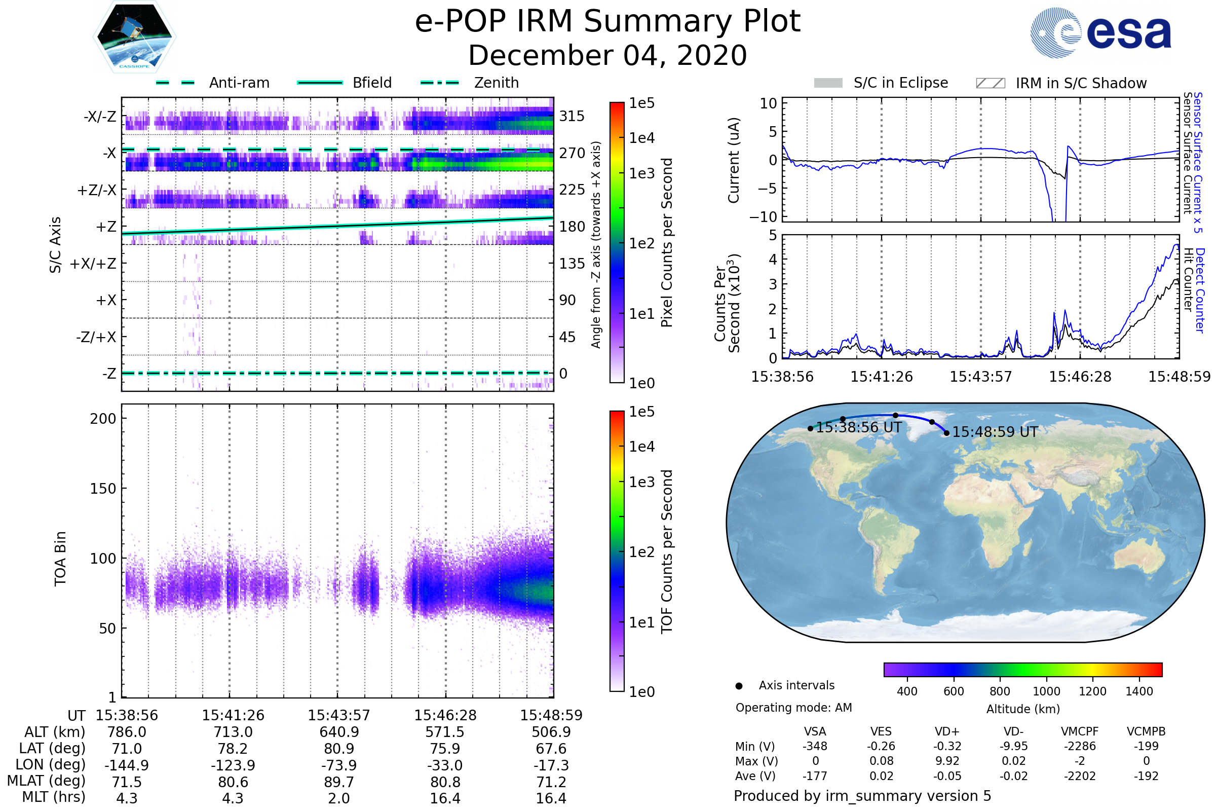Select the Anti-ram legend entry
pos(212,83)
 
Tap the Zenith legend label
pos(496,83)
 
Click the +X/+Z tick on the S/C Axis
pos(93,264)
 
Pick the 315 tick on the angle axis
pos(572,116)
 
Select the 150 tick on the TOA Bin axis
pos(103,489)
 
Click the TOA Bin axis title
pos(60,559)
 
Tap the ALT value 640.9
pos(339,732)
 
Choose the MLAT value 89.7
pos(339,782)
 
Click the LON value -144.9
pos(127,765)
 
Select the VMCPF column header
pos(1080,731)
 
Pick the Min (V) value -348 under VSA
pos(815,746)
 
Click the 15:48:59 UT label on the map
pos(995,432)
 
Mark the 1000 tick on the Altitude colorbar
pos(1046,691)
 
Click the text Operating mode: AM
pos(793,708)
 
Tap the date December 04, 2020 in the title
pos(607,55)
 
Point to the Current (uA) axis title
pos(734,160)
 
